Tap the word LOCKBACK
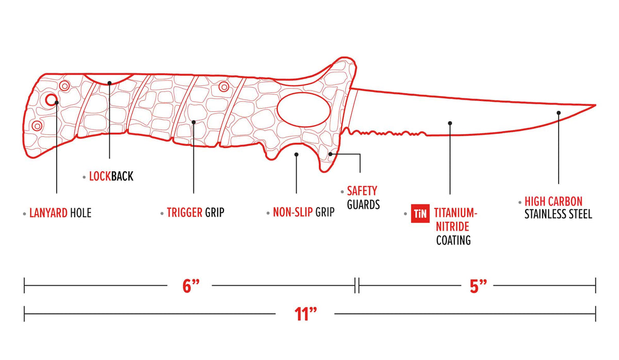click(x=111, y=176)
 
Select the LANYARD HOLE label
click(x=60, y=212)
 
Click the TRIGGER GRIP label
click(x=195, y=212)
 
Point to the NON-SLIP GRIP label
click(x=303, y=212)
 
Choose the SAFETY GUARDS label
click(x=363, y=198)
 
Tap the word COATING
click(x=453, y=240)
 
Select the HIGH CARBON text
click(x=553, y=201)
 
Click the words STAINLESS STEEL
click(x=558, y=214)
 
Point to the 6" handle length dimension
click(x=190, y=286)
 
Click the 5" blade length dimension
click(x=478, y=286)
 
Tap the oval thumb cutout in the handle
click(x=302, y=109)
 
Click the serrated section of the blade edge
click(x=387, y=134)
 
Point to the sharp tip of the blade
click(x=595, y=105)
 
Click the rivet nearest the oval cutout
click(x=223, y=87)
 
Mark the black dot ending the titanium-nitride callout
click(x=450, y=123)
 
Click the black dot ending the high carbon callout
click(x=558, y=112)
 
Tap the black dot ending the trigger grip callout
click(x=193, y=122)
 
